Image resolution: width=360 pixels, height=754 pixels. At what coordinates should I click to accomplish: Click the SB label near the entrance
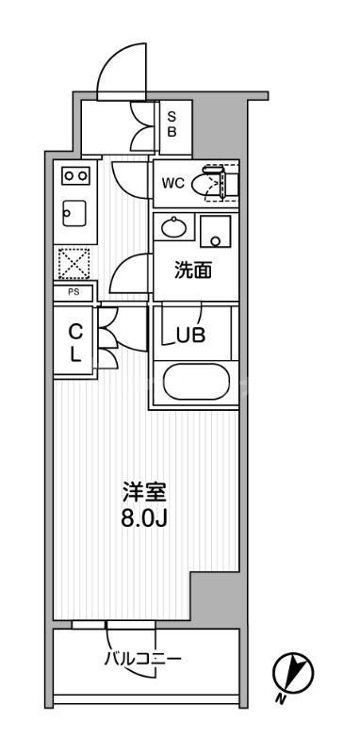point(172,124)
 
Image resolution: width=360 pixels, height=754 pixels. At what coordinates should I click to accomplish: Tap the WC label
point(172,183)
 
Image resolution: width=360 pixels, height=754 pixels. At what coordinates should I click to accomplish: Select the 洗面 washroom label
point(192,271)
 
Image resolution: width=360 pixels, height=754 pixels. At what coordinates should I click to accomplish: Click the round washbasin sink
point(173,227)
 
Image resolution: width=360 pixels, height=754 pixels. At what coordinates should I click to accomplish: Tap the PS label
point(73,293)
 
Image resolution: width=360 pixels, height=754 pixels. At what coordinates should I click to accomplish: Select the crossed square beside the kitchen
point(74,262)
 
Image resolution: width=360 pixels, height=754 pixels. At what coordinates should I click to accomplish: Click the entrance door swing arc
point(121,64)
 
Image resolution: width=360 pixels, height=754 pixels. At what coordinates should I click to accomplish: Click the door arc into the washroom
point(130,273)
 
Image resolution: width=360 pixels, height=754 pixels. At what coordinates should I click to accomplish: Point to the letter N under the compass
point(280,699)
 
